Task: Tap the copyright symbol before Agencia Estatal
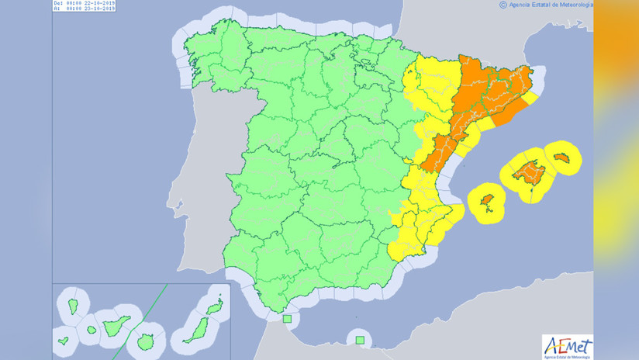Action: click(x=503, y=4)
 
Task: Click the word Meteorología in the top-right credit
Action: click(x=575, y=4)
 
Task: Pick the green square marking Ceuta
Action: click(x=287, y=318)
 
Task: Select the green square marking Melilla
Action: click(x=359, y=338)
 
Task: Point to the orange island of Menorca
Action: click(x=565, y=157)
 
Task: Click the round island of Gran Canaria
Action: click(x=143, y=340)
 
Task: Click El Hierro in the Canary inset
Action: click(x=63, y=339)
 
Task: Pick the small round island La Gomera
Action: click(x=92, y=330)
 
